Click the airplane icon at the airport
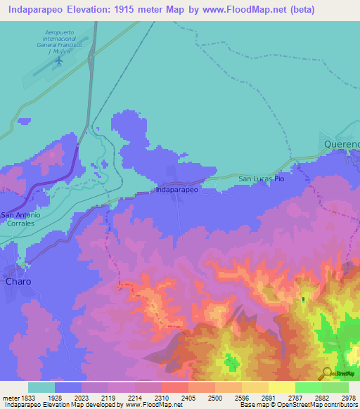pyautogui.click(x=59, y=60)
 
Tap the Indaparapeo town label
pyautogui.click(x=176, y=190)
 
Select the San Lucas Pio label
pyautogui.click(x=261, y=178)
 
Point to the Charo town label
pyautogui.click(x=18, y=280)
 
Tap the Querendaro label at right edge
pyautogui.click(x=342, y=143)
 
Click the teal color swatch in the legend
pyautogui.click(x=41, y=387)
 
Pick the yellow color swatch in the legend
pyautogui.click(x=281, y=387)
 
